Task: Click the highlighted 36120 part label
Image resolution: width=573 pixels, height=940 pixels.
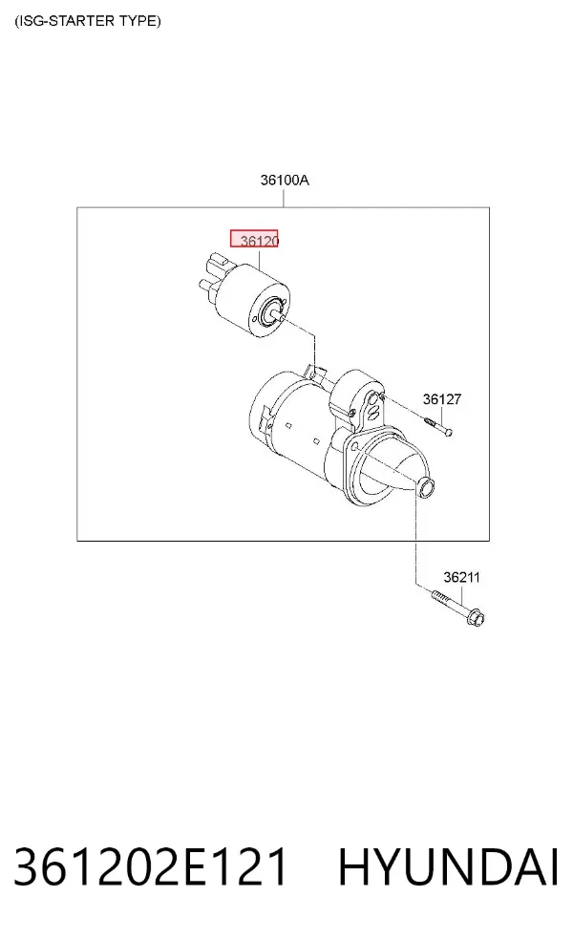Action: [254, 239]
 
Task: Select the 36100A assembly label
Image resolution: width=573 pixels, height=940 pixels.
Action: [285, 180]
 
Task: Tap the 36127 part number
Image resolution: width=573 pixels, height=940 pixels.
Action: [442, 399]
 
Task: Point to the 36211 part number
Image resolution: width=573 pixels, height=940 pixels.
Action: [461, 577]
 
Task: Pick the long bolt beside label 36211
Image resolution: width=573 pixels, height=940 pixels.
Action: [456, 607]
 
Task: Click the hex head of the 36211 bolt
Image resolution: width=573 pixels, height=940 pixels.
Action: [476, 617]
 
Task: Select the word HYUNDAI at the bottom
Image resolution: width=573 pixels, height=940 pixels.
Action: [448, 866]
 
